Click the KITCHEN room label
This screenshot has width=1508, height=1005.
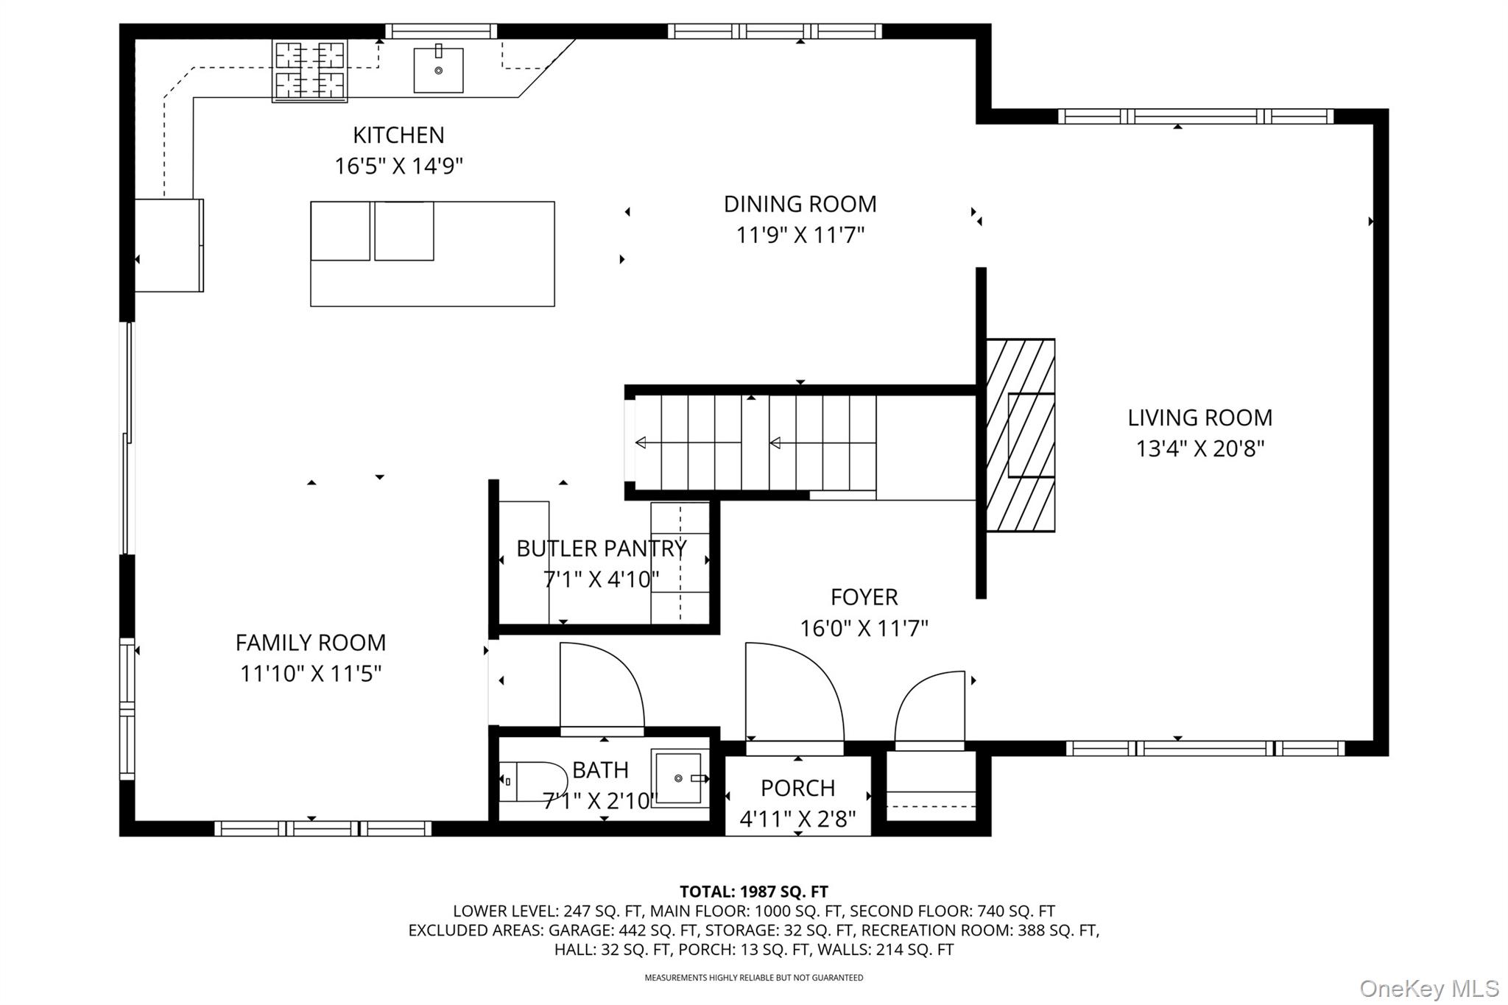[398, 135]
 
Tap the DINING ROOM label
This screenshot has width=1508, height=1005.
[800, 204]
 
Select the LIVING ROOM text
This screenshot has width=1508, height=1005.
[1199, 417]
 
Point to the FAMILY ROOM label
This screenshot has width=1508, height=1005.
[311, 643]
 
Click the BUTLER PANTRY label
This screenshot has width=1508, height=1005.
[602, 549]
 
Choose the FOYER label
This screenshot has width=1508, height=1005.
[864, 597]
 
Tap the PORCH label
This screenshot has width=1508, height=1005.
[797, 788]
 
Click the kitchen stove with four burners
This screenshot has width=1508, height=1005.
[309, 71]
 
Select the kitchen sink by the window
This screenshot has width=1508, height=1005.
[438, 70]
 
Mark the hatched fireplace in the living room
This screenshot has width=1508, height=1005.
[1020, 435]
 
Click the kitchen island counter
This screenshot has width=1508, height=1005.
[432, 254]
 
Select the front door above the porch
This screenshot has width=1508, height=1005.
[794, 692]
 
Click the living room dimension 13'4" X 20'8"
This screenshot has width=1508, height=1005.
[1199, 448]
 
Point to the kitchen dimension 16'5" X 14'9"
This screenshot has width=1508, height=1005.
[398, 166]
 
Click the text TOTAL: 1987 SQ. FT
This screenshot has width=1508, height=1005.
[753, 892]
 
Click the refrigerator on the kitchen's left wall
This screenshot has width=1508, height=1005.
[169, 245]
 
